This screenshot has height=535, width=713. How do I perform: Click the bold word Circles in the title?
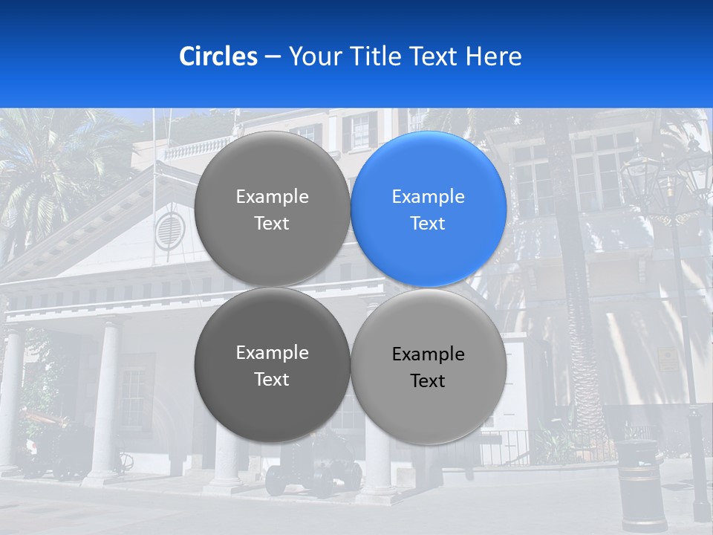point(218,56)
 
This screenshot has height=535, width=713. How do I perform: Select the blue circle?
point(429,209)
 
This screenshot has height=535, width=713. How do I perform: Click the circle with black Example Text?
point(429,366)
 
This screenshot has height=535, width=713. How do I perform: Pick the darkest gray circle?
point(272,365)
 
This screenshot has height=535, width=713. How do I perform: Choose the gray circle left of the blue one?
point(272,209)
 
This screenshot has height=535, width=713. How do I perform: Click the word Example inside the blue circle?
point(429,197)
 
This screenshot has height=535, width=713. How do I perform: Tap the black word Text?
point(428,381)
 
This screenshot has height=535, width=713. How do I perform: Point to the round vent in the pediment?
point(169,230)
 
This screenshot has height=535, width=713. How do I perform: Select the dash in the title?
point(273,57)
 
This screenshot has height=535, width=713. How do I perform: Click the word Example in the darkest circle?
point(272,353)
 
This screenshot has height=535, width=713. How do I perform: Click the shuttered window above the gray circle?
point(359,132)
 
